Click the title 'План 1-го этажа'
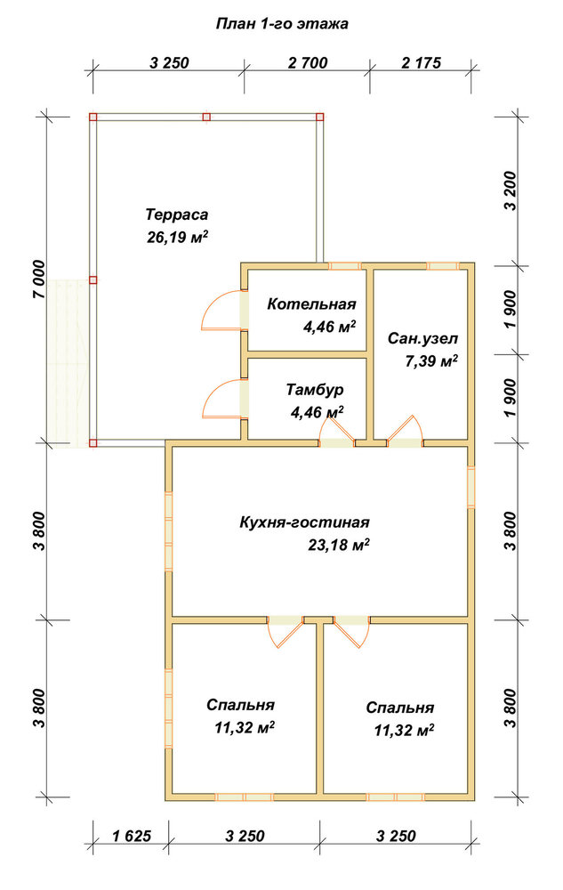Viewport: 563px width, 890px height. (x=282, y=24)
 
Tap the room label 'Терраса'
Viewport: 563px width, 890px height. (x=177, y=214)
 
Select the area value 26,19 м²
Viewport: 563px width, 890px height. (x=177, y=237)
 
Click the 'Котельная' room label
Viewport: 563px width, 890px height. (x=311, y=303)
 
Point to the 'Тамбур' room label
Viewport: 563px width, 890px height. (x=315, y=390)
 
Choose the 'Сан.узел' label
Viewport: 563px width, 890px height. (x=423, y=338)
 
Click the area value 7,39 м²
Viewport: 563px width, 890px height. (x=430, y=360)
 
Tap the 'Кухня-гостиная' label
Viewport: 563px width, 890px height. (x=304, y=522)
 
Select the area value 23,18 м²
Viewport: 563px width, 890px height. (x=339, y=545)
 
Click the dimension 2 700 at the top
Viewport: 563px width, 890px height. (x=308, y=62)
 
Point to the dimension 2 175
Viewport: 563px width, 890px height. (x=422, y=62)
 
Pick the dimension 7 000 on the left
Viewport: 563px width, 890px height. (x=37, y=279)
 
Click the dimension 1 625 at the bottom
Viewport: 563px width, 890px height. (x=132, y=836)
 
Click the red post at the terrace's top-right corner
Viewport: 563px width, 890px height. (x=320, y=117)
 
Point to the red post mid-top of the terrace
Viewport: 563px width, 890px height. (x=206, y=117)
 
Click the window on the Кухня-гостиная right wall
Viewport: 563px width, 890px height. (x=471, y=487)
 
